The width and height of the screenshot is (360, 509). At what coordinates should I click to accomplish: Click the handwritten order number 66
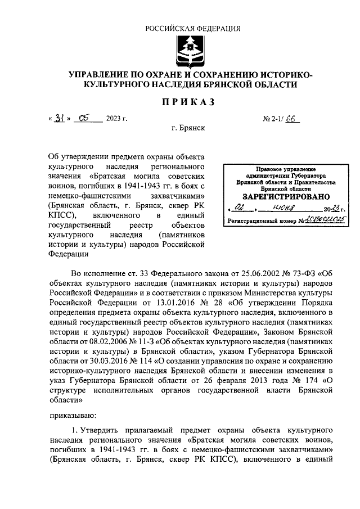tap(292, 119)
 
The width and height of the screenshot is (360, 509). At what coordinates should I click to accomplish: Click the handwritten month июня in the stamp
tap(278, 209)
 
